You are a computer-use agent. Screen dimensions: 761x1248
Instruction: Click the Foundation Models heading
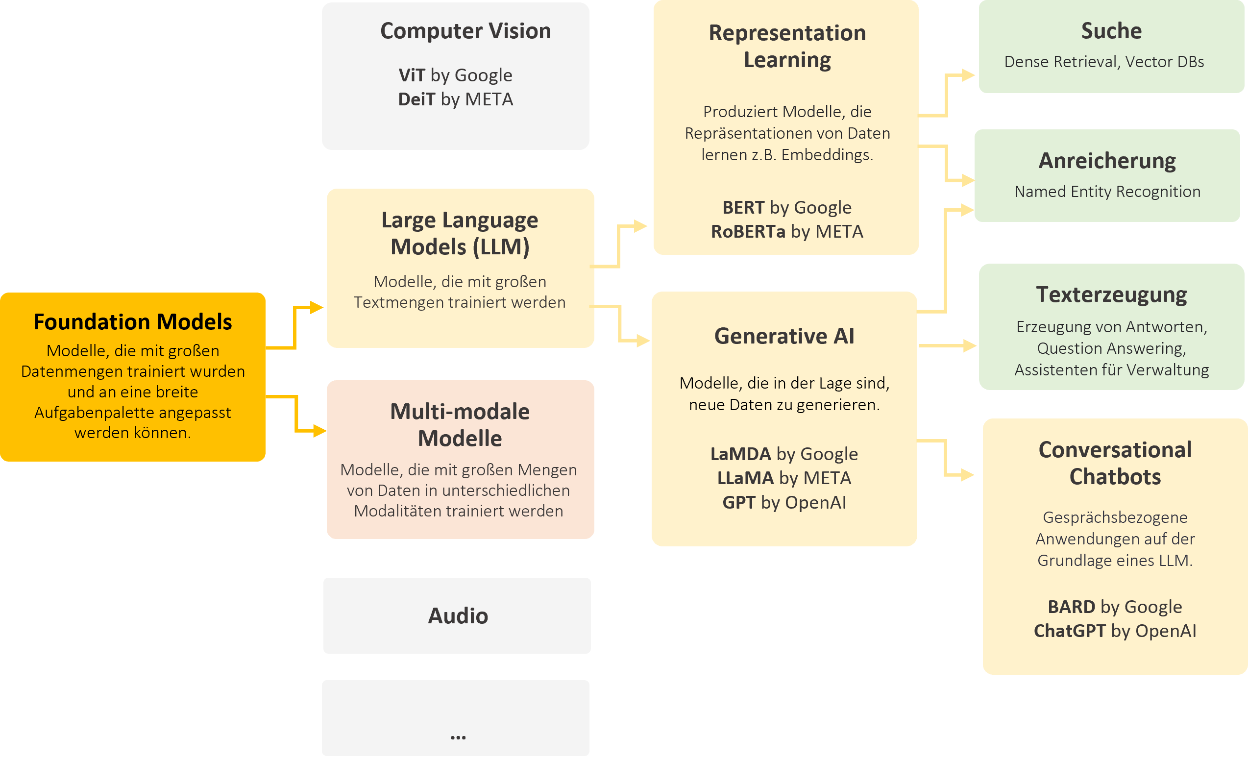click(133, 322)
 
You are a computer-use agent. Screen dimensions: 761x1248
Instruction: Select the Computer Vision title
click(465, 31)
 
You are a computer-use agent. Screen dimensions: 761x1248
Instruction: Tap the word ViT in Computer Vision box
click(411, 75)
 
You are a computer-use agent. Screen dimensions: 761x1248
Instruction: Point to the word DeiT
click(416, 99)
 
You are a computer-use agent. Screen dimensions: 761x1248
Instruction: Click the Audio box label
click(458, 616)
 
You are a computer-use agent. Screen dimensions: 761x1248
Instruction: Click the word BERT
click(743, 208)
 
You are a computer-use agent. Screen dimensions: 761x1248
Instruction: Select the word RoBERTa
click(748, 232)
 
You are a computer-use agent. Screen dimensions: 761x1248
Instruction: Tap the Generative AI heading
click(784, 337)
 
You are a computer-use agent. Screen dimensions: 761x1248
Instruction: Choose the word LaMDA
click(740, 454)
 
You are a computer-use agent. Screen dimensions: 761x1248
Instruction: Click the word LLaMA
click(746, 478)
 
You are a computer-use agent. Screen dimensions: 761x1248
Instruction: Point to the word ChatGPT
click(1069, 631)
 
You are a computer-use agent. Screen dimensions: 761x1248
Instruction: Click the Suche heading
click(1111, 31)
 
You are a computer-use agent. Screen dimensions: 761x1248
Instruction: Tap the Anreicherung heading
click(1107, 161)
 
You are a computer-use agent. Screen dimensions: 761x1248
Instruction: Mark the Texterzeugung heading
click(1111, 295)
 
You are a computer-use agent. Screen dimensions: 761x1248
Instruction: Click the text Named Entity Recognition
click(1107, 192)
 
